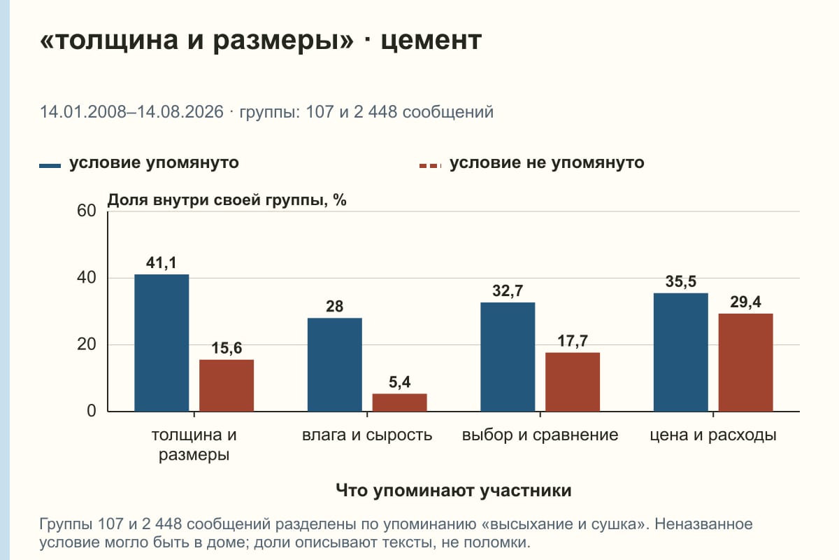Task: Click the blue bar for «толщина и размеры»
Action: tap(162, 343)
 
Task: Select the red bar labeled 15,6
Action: tap(227, 386)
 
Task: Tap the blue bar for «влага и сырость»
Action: tap(334, 365)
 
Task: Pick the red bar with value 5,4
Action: tap(399, 402)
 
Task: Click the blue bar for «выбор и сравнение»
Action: tap(508, 357)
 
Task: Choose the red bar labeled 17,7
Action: tap(573, 381)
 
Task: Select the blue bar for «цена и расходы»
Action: tap(680, 352)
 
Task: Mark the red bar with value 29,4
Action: tap(745, 363)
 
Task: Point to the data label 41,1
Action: tap(162, 263)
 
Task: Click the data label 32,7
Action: tap(508, 291)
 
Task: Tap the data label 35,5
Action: tap(680, 281)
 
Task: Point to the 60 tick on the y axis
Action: tap(87, 211)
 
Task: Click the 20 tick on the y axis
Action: tap(87, 344)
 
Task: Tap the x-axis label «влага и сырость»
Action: tap(367, 435)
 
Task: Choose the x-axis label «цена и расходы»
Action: tap(713, 435)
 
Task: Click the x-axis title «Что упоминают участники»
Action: tap(454, 491)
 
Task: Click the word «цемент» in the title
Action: tap(431, 41)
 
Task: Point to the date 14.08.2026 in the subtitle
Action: tap(180, 112)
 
